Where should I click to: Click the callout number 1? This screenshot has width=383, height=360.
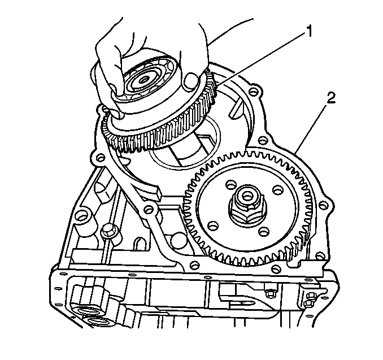(309, 32)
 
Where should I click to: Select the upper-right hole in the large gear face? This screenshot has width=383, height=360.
(277, 190)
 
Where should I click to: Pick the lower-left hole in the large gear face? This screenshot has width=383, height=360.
(212, 224)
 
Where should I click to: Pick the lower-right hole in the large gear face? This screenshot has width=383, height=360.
(264, 231)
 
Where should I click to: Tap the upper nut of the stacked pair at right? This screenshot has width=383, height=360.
(311, 296)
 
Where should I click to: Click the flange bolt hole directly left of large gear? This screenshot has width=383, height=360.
(149, 209)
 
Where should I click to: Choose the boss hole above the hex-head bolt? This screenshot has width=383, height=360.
(81, 216)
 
